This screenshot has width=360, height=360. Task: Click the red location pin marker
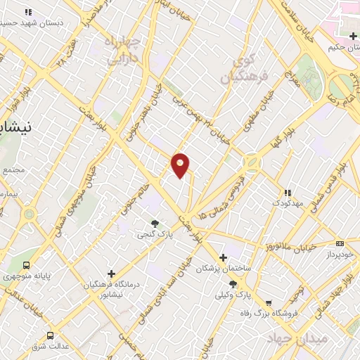(181, 165)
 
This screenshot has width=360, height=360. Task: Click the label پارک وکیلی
(233, 295)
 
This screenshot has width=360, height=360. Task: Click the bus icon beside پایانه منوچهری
(27, 265)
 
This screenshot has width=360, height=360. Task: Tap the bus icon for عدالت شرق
(49, 335)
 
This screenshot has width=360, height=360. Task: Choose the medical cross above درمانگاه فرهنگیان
(110, 273)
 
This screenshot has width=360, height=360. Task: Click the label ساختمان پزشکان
(224, 269)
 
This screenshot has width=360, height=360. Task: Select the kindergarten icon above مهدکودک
(286, 192)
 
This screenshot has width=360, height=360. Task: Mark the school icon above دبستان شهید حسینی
(28, 12)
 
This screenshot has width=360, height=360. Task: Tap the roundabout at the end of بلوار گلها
(250, 163)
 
